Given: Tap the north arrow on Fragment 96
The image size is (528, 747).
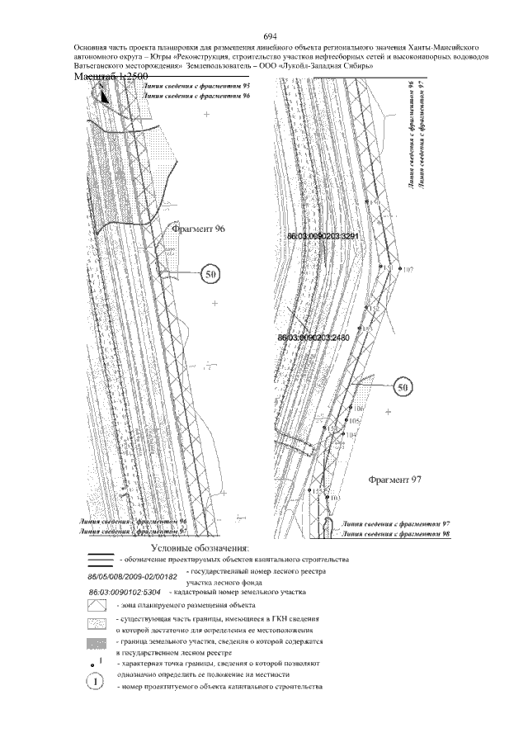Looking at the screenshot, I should click(x=103, y=94).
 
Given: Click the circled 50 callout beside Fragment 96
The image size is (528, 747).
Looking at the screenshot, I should click(x=210, y=274).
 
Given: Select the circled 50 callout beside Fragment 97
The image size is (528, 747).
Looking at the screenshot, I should click(x=403, y=386).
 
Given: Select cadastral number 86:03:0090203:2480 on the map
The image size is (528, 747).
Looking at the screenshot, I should click(x=313, y=338).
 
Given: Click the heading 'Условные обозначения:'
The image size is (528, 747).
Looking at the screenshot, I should click(x=205, y=547).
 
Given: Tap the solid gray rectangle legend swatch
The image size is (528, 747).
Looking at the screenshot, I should click(x=97, y=641).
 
